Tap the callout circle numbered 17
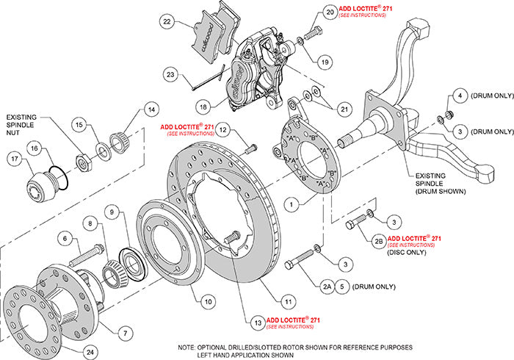[14, 157]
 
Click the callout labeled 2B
[377, 240]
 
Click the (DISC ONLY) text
[406, 252]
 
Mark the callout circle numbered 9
[112, 212]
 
